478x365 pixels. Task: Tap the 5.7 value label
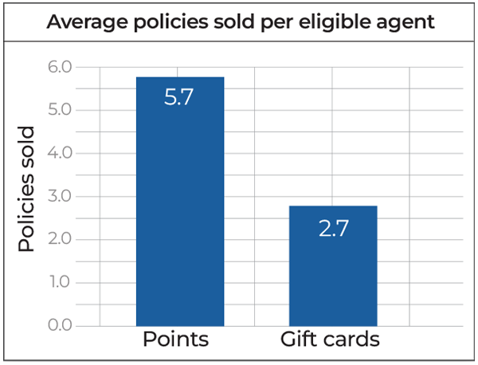(x=180, y=100)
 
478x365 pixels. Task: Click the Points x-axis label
(x=176, y=340)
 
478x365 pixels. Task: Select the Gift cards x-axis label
(x=330, y=340)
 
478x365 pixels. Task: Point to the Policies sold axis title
(x=28, y=189)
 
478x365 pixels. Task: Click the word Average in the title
(x=82, y=22)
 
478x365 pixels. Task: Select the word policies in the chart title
(x=165, y=22)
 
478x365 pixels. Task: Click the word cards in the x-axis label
(x=353, y=340)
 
